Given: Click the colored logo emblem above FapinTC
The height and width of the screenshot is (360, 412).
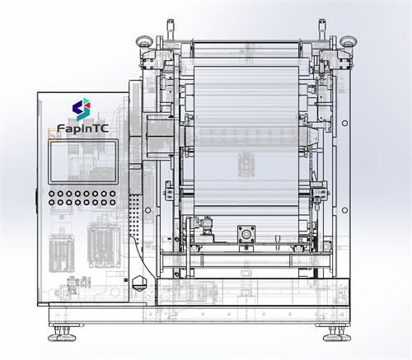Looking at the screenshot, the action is click(82, 110).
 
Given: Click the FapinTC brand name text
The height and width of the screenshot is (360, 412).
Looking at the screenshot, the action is click(82, 129).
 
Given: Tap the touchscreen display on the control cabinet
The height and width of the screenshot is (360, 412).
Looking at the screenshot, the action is click(83, 161).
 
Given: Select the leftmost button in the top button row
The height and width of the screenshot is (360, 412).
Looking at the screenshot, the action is click(52, 194).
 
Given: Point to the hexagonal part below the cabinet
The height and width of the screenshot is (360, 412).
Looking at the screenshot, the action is click(140, 283).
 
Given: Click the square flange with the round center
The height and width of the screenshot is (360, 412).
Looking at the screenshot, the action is click(246, 234).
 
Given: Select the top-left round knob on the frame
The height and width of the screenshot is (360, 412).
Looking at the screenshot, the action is click(144, 41).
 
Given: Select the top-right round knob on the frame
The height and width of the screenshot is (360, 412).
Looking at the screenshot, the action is click(348, 41).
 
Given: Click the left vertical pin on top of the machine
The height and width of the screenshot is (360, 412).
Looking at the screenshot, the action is click(171, 30).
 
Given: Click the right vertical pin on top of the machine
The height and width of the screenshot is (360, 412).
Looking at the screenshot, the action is click(322, 30).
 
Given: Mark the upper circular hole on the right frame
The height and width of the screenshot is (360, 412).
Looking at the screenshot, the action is click(344, 123).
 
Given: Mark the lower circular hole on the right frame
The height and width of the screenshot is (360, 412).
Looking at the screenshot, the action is click(344, 210).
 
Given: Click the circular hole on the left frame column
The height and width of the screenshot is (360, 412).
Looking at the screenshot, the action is click(147, 210).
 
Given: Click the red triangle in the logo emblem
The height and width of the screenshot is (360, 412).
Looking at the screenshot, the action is click(87, 105).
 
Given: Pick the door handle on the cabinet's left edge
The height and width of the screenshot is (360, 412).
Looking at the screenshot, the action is click(36, 202).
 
